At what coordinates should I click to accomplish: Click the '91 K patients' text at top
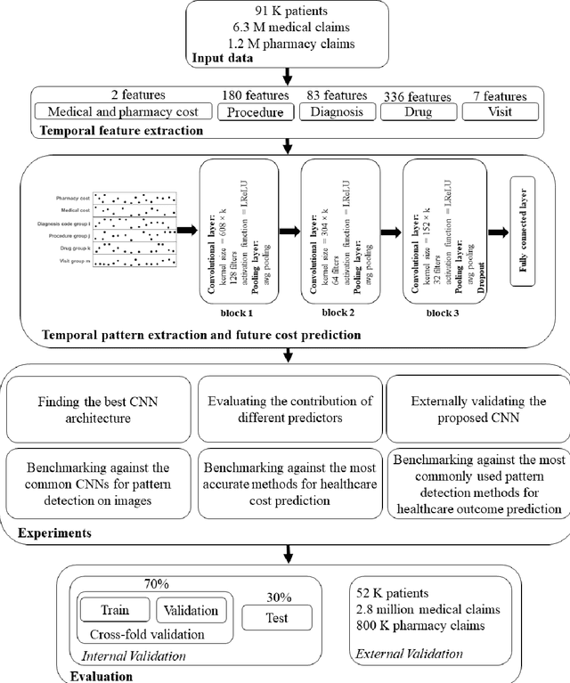coord(286,11)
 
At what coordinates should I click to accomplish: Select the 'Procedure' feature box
coord(254,113)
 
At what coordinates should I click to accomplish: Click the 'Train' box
coord(114,611)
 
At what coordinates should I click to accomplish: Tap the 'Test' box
coord(281,618)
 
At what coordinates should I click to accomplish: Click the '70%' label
coord(157,585)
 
